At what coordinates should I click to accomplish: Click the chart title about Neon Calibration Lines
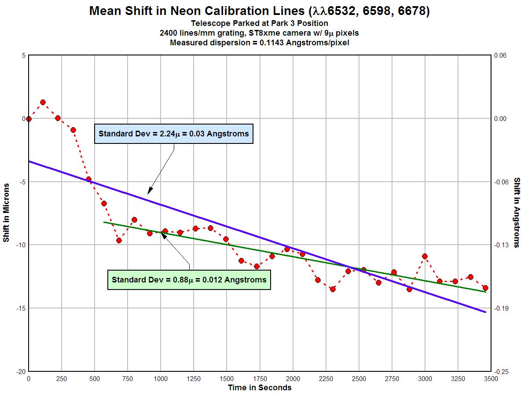click(x=259, y=11)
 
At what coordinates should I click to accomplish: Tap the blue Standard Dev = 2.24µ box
click(x=173, y=133)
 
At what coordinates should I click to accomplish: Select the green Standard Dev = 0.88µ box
click(x=189, y=279)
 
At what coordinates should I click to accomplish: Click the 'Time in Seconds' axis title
click(x=260, y=388)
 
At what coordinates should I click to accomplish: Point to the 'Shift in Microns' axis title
click(x=6, y=213)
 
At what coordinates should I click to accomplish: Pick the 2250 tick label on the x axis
click(x=326, y=379)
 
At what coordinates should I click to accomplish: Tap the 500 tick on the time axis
click(x=95, y=379)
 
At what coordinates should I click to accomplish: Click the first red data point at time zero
click(x=29, y=119)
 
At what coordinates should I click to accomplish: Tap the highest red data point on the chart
click(x=43, y=102)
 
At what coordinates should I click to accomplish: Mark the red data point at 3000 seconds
click(x=425, y=256)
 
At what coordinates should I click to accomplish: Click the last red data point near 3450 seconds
click(x=485, y=288)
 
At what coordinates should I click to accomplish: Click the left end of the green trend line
click(x=104, y=222)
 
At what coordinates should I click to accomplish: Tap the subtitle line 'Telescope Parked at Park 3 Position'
click(x=260, y=23)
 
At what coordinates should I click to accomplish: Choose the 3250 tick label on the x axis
click(x=458, y=379)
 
